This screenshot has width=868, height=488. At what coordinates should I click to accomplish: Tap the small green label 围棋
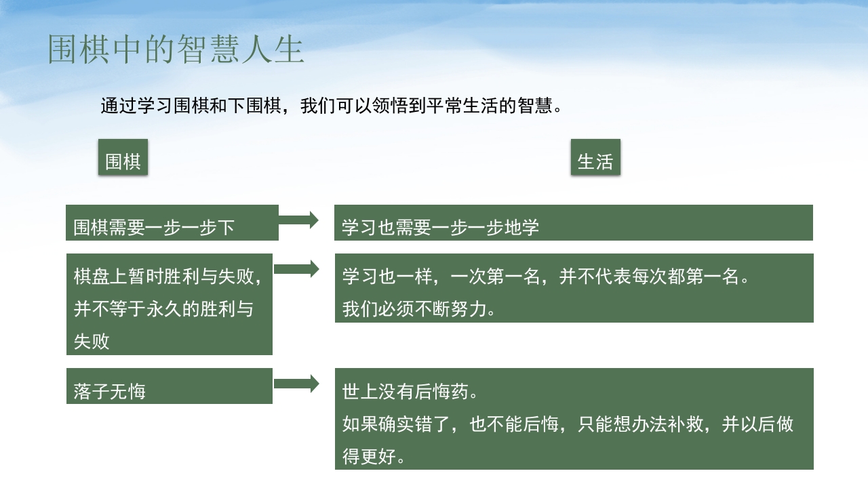123,161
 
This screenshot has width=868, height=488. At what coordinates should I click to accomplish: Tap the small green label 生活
595,161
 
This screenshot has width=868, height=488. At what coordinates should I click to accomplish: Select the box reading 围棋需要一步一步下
172,223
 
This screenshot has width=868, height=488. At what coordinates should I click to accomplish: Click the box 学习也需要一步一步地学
573,223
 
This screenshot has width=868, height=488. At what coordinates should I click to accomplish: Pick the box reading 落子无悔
169,386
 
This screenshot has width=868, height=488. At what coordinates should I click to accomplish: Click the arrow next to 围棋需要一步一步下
298,220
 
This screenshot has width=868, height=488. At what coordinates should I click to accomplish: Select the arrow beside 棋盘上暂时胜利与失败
296,269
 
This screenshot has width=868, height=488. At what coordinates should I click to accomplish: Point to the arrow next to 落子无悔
296,384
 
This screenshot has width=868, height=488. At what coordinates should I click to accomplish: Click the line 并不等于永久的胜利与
163,309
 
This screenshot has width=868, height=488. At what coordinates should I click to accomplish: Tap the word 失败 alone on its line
92,342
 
